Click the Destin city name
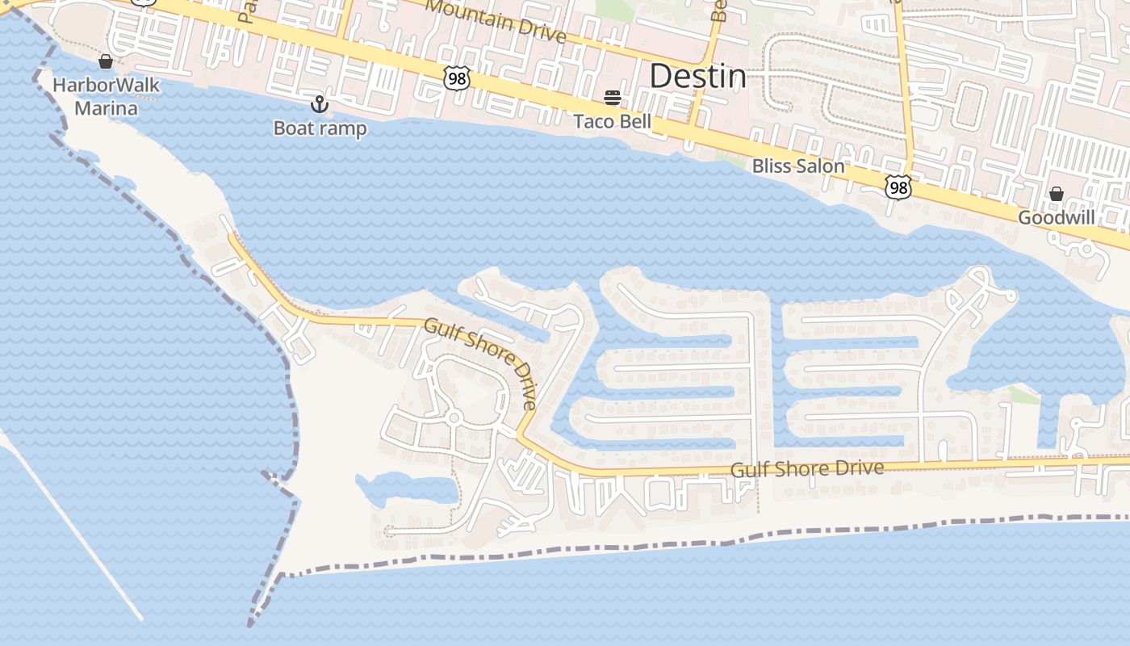pos(697,76)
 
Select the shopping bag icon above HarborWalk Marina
pos(106,61)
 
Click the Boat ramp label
pos(320,128)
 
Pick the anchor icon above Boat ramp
pos(320,104)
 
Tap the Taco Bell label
pos(612,122)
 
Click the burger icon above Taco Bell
pos(613,99)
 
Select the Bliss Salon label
pos(798,166)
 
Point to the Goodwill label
pos(1056,217)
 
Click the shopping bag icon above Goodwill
pos(1056,194)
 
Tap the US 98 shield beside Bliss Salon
pos(898,187)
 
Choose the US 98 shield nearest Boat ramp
pos(456,78)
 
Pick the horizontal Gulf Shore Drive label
pos(807,469)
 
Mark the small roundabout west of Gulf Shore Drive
pos(454,417)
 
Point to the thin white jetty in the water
pos(73,529)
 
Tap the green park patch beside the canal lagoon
pos(1023,394)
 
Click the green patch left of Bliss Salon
pos(732,161)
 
